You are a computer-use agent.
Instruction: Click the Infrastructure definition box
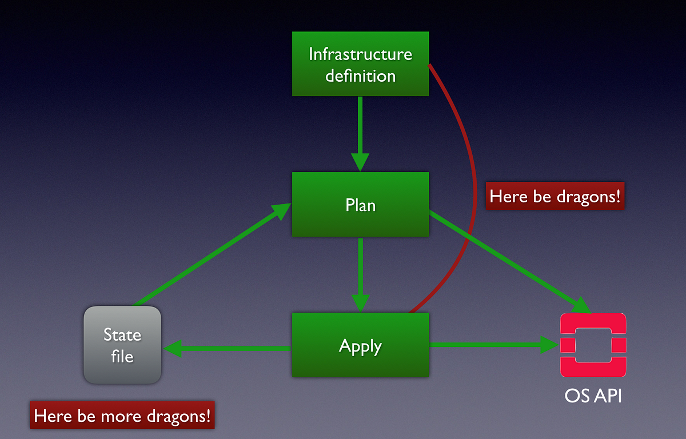click(360, 63)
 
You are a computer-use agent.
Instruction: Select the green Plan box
click(360, 204)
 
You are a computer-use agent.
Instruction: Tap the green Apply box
click(360, 345)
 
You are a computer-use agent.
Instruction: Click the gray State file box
click(122, 345)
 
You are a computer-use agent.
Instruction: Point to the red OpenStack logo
click(593, 345)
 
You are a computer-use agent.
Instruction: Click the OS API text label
click(593, 395)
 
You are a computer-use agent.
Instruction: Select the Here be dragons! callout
click(555, 197)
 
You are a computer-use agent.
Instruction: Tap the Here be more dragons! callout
click(123, 416)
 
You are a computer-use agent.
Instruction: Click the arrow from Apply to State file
click(229, 348)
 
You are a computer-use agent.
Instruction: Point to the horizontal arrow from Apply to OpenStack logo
click(492, 345)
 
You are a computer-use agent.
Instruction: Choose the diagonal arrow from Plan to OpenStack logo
click(509, 261)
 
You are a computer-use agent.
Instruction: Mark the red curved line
click(474, 171)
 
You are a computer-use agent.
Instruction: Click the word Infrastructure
click(360, 54)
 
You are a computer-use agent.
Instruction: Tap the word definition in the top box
click(360, 75)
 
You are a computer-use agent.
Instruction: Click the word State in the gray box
click(122, 334)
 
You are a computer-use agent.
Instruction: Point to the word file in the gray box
click(122, 356)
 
